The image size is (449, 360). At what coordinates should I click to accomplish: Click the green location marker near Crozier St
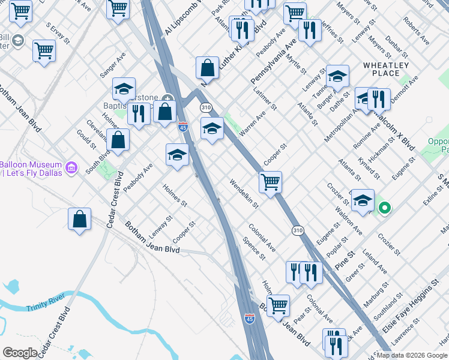[x=385, y=209]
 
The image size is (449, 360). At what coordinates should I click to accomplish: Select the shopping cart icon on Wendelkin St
[x=271, y=181]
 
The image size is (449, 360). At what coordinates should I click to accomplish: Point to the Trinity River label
[x=44, y=308]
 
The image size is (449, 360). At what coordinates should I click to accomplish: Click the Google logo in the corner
[x=20, y=353]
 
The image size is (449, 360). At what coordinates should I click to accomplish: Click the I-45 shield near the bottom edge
[x=250, y=318]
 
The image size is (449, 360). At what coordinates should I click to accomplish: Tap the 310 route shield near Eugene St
[x=297, y=230]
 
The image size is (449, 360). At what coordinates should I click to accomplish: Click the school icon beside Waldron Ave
[x=363, y=201]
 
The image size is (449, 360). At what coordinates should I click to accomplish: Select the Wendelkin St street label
[x=243, y=193]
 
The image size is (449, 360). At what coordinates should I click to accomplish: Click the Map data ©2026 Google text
[x=412, y=355]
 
